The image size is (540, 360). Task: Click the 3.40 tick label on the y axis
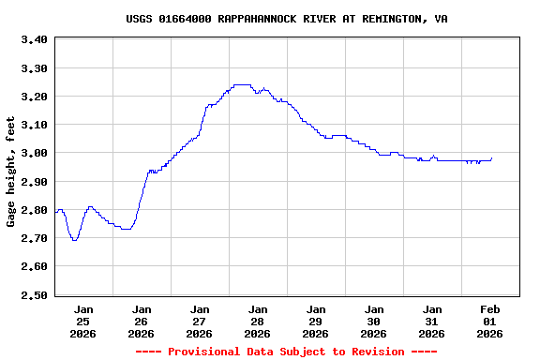click(x=34, y=39)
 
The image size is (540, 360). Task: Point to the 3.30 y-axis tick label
click(x=34, y=68)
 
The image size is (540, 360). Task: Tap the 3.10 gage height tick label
click(x=34, y=125)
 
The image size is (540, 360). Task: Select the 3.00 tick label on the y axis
click(x=34, y=153)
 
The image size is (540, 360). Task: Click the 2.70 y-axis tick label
click(x=34, y=238)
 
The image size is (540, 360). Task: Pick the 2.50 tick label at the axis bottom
click(x=34, y=294)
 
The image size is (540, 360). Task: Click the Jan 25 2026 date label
click(x=83, y=321)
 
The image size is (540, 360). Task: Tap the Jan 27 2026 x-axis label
click(x=199, y=321)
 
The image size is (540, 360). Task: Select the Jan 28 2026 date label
click(x=257, y=321)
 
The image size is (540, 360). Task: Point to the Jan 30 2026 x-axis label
click(x=373, y=321)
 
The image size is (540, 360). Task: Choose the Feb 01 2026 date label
click(x=489, y=321)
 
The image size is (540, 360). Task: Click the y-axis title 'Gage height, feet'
click(x=11, y=172)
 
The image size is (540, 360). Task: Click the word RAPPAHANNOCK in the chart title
click(x=248, y=19)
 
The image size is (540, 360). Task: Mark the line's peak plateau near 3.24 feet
click(x=241, y=84)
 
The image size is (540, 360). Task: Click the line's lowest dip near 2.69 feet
click(x=74, y=240)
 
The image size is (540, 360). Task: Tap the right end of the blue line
click(x=491, y=157)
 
